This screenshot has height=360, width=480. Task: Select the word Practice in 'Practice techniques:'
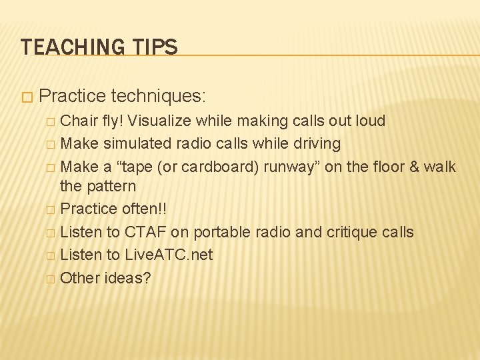pos(73,96)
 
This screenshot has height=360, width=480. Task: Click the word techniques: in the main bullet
pos(158,96)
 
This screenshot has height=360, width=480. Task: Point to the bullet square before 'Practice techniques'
pos(26,97)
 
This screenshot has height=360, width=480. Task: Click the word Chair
pos(79,121)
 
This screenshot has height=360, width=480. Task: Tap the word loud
pos(369,121)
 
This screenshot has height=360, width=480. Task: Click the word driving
pos(318,143)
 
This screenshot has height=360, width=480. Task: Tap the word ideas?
pos(128,277)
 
